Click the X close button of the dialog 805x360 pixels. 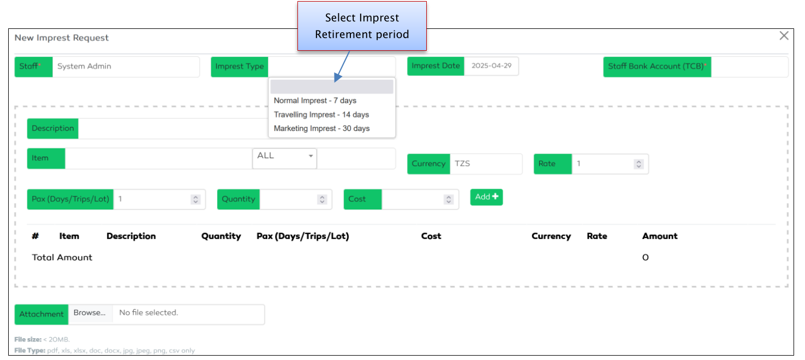coord(784,36)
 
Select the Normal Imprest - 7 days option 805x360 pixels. coord(315,100)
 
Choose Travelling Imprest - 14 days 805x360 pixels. coord(321,115)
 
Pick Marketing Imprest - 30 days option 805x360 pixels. coord(321,129)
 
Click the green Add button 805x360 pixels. coord(486,197)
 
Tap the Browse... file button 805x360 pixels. coord(90,313)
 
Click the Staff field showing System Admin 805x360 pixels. coord(126,67)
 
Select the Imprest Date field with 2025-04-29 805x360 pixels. coord(491,66)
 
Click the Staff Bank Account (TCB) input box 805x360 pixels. coord(749,67)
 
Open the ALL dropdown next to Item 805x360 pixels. coord(284,157)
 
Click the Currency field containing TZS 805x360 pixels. coord(485,164)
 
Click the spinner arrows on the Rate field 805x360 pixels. coord(639,164)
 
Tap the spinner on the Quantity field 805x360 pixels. coord(322,200)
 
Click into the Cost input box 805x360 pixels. coord(413,200)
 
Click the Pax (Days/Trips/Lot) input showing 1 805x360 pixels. coord(153,200)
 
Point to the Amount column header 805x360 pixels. coord(659,236)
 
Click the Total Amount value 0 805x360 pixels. coord(645,257)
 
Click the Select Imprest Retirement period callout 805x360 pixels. coord(362,26)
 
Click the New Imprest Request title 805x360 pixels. coord(62,38)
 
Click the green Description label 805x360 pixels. coord(53,129)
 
